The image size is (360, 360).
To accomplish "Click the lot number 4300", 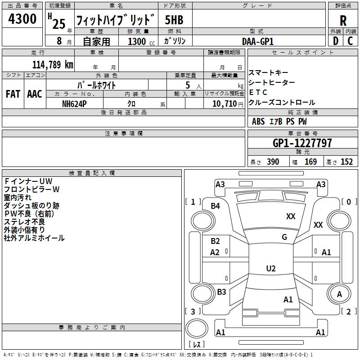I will tap(22, 19).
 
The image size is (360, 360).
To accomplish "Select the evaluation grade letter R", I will tap(343, 21).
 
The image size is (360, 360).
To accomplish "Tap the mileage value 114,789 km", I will tap(53, 64).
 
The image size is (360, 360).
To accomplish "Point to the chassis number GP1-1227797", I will tap(302, 143).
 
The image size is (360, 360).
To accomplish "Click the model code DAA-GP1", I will tap(258, 41).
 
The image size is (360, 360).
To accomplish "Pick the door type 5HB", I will tap(174, 20).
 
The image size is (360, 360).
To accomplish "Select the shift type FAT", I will tap(13, 94).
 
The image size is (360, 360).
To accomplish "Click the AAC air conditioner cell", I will tap(35, 94).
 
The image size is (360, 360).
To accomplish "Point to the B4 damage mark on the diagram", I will tap(216, 206).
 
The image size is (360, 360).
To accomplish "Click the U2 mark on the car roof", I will tap(270, 269).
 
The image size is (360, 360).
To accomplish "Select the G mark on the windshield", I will tap(284, 237).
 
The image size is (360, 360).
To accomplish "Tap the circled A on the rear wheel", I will tap(339, 294).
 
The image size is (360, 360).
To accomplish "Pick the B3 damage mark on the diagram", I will tap(221, 292).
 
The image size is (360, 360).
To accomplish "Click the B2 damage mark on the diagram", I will tap(216, 241).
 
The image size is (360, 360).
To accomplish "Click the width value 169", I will tap(310, 162).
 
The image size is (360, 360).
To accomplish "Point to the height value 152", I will tap(346, 162).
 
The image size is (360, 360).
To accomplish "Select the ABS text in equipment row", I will tap(258, 121).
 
